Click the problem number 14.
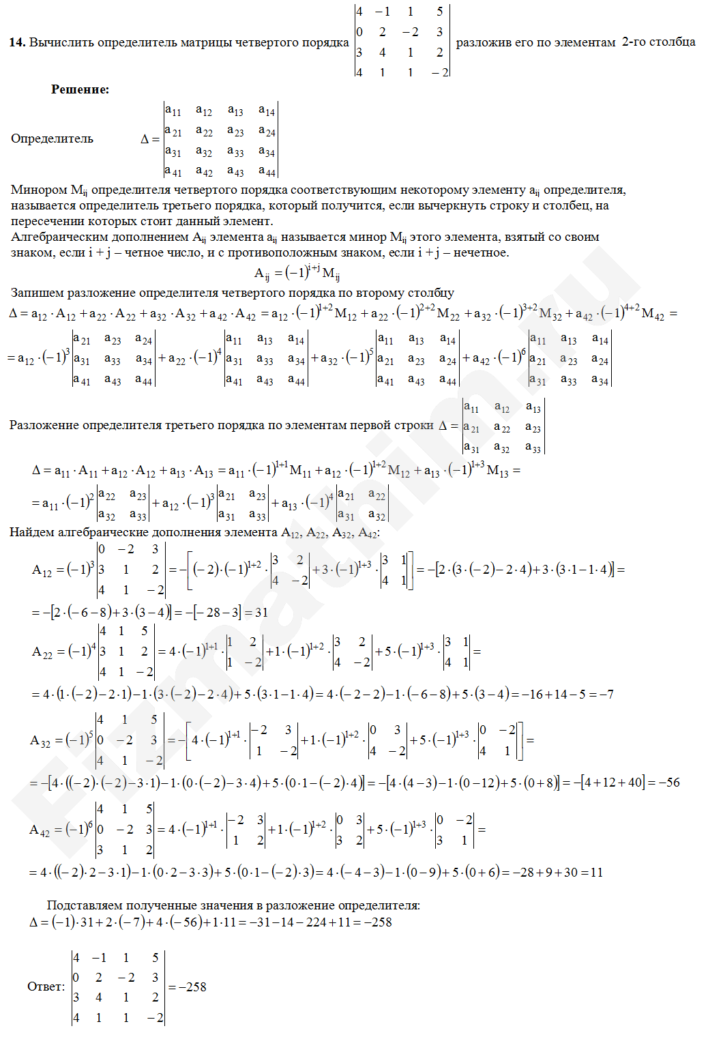tap(17, 42)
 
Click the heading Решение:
tap(80, 89)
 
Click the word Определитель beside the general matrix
tap(52, 138)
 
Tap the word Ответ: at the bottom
tap(46, 987)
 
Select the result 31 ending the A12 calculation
tap(261, 612)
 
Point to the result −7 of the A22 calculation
tap(606, 695)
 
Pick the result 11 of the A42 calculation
tap(596, 873)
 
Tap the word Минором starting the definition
tap(39, 190)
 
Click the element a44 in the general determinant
tap(267, 171)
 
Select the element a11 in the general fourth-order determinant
tap(173, 111)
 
